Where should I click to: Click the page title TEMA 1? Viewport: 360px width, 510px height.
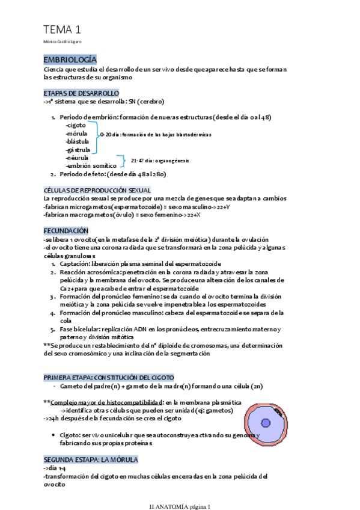click(x=62, y=29)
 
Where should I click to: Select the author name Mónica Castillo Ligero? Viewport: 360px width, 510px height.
click(x=63, y=41)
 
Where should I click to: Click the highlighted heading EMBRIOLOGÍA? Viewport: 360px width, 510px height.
click(x=70, y=60)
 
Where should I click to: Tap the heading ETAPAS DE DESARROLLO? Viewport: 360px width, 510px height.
click(x=81, y=93)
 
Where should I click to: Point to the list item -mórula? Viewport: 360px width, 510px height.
click(x=76, y=133)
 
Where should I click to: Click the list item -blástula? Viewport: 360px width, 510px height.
click(x=78, y=141)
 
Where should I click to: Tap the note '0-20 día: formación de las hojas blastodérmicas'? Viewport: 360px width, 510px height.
click(x=156, y=135)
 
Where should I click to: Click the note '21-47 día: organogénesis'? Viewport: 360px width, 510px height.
click(x=160, y=161)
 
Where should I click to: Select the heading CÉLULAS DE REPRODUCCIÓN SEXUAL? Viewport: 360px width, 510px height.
click(x=97, y=190)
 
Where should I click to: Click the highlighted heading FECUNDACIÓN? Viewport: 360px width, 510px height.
click(x=66, y=230)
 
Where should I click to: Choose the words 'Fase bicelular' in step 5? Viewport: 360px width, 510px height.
click(x=80, y=329)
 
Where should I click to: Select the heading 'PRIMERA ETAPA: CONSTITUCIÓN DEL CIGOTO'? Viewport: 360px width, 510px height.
click(x=109, y=376)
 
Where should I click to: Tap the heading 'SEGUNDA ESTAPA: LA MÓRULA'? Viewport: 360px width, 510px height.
click(x=91, y=459)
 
